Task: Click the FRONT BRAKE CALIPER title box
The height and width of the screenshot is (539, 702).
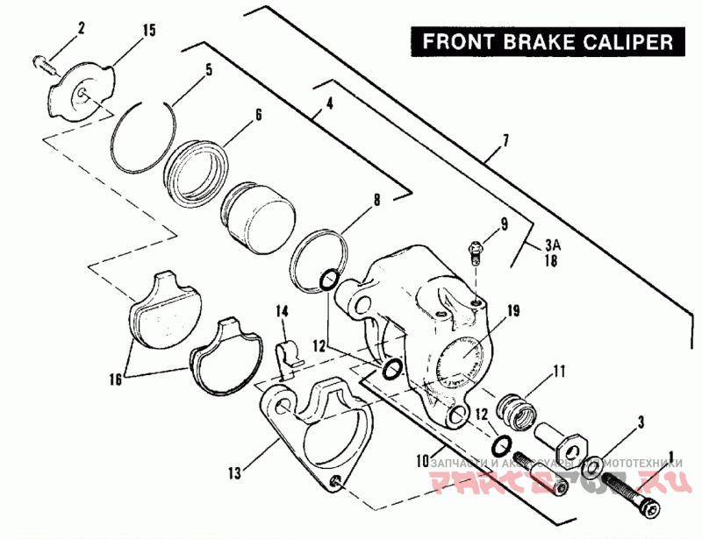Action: pyautogui.click(x=548, y=40)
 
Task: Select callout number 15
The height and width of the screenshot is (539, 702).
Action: pyautogui.click(x=148, y=31)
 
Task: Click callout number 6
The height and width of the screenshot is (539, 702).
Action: pyautogui.click(x=259, y=115)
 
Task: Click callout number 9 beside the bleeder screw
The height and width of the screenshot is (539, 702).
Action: pyautogui.click(x=505, y=225)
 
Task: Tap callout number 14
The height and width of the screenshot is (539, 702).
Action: pyautogui.click(x=283, y=310)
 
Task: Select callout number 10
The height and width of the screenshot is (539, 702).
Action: pyautogui.click(x=424, y=459)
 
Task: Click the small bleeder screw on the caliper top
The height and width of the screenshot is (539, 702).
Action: pyautogui.click(x=475, y=251)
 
